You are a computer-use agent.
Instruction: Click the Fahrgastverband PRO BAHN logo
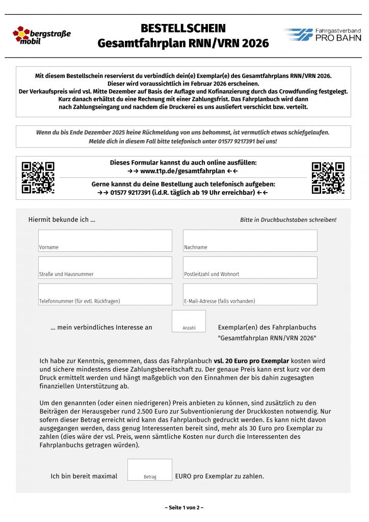click(322, 35)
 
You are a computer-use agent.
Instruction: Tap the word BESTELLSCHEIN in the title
click(183, 29)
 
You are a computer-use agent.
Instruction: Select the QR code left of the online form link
click(38, 177)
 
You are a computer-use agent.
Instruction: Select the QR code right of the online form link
click(328, 177)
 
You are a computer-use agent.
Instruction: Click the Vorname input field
click(104, 240)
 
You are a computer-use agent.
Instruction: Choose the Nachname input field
click(250, 240)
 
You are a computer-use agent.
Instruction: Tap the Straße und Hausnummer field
click(104, 267)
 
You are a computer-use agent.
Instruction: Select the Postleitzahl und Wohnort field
click(250, 267)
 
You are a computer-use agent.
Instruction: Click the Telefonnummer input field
click(104, 294)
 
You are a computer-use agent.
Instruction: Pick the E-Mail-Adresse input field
click(250, 294)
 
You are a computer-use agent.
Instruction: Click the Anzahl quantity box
click(189, 321)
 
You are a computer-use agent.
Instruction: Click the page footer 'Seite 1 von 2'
click(184, 508)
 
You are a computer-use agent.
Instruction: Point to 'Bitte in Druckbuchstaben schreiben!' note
click(288, 220)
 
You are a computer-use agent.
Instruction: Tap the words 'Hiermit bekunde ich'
click(61, 220)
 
